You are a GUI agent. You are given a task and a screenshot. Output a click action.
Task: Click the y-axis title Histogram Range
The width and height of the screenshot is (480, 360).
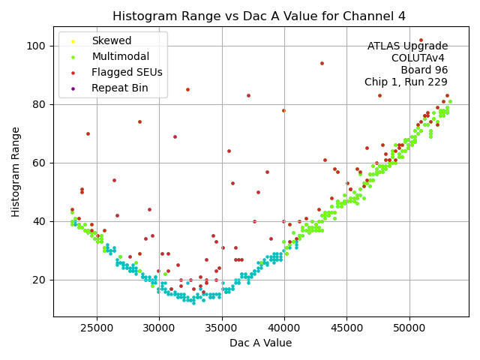point(16,172)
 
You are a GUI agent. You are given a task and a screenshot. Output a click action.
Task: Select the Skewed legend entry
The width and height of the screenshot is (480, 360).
point(111,40)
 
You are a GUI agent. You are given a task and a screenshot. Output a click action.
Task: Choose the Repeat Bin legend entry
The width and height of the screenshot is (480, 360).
point(119,88)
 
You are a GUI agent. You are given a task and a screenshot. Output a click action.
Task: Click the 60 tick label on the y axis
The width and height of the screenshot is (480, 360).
point(40,163)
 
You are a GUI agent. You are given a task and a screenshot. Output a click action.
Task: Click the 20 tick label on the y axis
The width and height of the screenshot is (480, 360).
point(40,280)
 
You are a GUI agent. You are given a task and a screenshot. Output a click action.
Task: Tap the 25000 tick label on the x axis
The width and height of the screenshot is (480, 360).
point(96,328)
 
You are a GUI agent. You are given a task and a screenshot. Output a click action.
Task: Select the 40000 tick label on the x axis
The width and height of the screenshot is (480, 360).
point(284,328)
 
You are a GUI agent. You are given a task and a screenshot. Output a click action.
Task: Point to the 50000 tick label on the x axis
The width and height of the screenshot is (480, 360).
point(409,328)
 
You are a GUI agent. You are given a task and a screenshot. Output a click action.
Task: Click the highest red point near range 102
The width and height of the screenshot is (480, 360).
point(421,40)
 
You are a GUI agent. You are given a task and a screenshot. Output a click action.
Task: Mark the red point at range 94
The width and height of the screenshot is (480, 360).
point(322,63)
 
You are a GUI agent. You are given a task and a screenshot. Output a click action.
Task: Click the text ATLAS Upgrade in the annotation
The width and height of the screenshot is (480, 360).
point(407,46)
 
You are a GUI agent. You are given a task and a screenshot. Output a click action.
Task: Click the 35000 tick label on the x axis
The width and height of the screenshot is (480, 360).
point(221,328)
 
